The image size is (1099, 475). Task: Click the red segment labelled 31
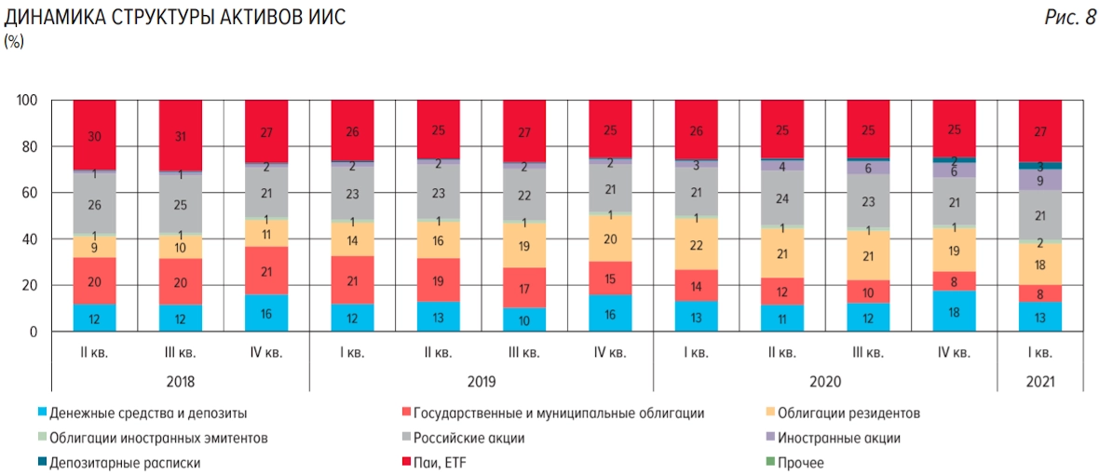click(181, 136)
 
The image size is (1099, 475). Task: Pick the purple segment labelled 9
click(1040, 181)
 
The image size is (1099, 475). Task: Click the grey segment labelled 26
click(95, 205)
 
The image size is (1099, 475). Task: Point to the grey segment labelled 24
click(782, 198)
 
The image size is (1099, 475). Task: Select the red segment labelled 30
click(95, 136)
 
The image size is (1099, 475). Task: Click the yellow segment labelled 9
click(95, 247)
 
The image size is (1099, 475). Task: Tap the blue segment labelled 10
click(524, 319)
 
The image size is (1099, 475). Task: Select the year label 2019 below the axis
click(482, 382)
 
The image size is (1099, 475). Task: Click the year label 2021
click(1040, 382)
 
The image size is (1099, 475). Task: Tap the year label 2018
click(181, 382)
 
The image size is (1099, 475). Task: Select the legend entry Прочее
click(800, 463)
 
